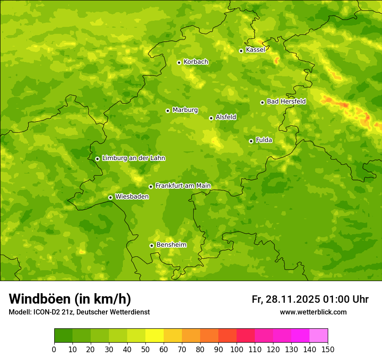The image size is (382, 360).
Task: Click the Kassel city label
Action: coord(255,50)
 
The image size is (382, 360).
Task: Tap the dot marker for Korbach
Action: coord(179,62)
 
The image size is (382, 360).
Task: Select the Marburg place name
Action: coord(185,110)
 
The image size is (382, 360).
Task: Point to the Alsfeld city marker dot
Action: coord(211,118)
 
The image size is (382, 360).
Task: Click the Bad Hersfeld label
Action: coord(286,101)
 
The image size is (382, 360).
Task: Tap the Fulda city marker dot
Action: coord(251,141)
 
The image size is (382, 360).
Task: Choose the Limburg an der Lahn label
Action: coord(133,158)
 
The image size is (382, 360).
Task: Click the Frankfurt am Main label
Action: coord(183,186)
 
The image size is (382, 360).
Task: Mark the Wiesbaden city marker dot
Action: coord(110,197)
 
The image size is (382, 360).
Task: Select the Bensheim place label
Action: coord(171,245)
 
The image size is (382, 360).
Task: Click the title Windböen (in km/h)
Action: coord(69,299)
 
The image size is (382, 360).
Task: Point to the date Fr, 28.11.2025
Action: coord(286,299)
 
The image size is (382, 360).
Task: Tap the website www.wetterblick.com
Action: coord(313,312)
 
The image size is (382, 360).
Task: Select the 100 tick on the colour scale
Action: coord(237,349)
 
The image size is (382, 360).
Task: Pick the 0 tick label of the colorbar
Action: coord(54,349)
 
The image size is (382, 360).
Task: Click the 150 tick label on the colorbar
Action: coord(328,349)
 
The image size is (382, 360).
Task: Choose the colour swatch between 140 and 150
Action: coord(319,336)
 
